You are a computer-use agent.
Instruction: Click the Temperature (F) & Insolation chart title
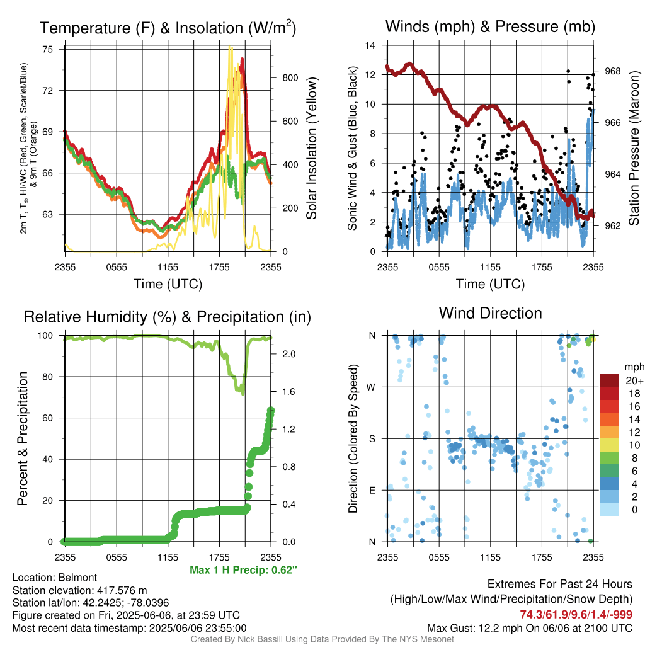(x=168, y=28)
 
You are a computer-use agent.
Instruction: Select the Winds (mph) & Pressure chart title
(x=490, y=26)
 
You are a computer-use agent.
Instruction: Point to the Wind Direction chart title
(x=490, y=313)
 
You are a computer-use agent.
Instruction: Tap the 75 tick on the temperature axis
(x=48, y=49)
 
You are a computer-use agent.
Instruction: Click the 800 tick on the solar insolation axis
(x=290, y=77)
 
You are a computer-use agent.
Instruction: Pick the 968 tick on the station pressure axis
(x=613, y=71)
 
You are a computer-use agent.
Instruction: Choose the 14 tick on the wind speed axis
(x=370, y=45)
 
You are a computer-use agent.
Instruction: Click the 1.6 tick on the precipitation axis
(x=288, y=392)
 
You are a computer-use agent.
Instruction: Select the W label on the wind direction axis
(x=371, y=387)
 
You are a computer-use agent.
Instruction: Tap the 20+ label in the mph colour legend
(x=634, y=380)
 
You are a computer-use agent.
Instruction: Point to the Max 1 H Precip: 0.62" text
(x=244, y=569)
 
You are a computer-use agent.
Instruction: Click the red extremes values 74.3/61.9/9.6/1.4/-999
(x=576, y=614)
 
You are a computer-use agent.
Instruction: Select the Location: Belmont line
(x=55, y=578)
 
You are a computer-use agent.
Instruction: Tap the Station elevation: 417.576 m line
(x=79, y=590)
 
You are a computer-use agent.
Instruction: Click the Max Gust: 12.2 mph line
(x=530, y=628)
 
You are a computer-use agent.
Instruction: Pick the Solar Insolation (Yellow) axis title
(x=312, y=148)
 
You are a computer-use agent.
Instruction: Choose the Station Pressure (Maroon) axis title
(x=634, y=148)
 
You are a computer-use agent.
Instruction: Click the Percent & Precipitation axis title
(x=22, y=438)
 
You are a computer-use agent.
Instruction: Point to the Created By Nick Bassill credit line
(x=322, y=639)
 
